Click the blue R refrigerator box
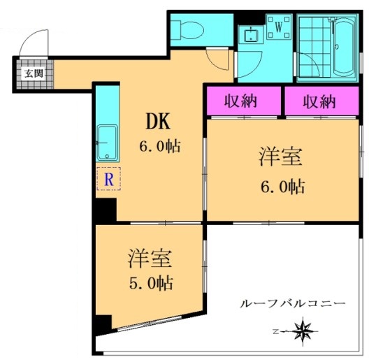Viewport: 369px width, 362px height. click(108, 180)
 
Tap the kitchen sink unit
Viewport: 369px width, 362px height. click(107, 143)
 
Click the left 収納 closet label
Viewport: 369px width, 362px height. click(241, 101)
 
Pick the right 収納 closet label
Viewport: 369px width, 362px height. click(319, 101)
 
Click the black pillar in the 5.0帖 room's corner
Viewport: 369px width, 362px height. click(103, 324)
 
